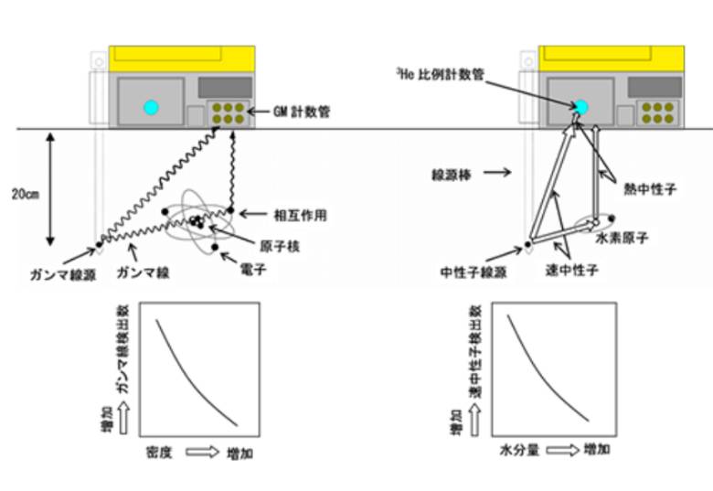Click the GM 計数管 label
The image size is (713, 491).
point(302,112)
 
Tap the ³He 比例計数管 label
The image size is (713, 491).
point(441,74)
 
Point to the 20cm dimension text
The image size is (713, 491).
point(26,194)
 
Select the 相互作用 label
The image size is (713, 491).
point(300,215)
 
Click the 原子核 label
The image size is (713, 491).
point(280,246)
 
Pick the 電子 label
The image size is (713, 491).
point(253,269)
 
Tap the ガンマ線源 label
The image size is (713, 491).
point(63,274)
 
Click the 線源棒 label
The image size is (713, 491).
point(451,175)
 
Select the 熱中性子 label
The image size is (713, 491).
point(650,189)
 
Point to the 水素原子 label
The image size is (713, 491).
point(622,238)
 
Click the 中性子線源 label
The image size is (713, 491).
point(473,272)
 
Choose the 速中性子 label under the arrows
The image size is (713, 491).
point(571,271)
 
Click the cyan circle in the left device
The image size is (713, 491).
point(151,107)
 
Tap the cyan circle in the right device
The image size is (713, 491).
point(580,107)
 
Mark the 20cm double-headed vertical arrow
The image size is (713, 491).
point(50,189)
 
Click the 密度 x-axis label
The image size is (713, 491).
point(159,453)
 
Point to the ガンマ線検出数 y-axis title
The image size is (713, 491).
point(122,349)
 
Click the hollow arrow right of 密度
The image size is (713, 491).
point(202,452)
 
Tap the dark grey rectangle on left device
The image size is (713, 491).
point(225,88)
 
